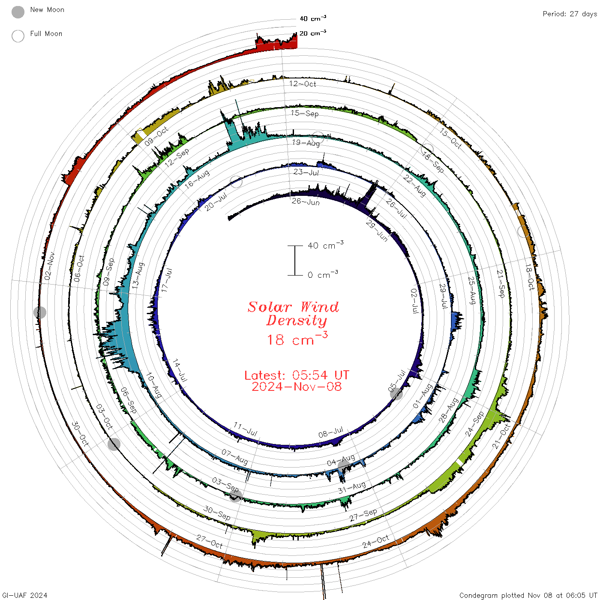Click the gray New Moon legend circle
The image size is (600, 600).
[x=18, y=12]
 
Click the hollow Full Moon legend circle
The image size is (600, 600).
[x=18, y=36]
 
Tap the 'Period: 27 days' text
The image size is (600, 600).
[x=570, y=14]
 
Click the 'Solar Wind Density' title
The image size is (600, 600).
[x=293, y=314]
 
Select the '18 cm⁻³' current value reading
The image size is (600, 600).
[x=297, y=339]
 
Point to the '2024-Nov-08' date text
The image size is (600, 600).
[x=297, y=387]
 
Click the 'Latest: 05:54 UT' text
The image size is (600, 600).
[x=297, y=375]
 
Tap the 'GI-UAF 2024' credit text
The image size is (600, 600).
[x=24, y=595]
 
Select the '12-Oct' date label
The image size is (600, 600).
[x=302, y=84]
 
